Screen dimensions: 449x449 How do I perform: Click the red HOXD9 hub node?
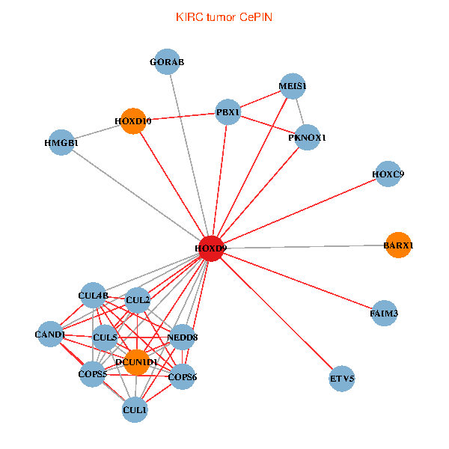pos(212,248)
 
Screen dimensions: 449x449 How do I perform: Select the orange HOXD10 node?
pos(133,121)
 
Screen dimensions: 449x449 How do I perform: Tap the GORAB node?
pos(167,62)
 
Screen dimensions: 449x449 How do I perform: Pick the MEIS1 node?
pos(292,86)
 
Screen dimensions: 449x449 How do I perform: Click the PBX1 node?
pos(227,112)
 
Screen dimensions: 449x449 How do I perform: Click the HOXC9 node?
pos(388,174)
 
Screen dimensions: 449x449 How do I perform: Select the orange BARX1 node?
pos(398,245)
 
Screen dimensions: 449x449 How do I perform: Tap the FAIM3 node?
pos(384,314)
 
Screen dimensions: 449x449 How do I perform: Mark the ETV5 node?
pos(342,379)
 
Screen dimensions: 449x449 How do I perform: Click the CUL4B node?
pos(93,296)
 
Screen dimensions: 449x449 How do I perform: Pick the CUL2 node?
pos(138,300)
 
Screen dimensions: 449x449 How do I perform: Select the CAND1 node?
pos(50,335)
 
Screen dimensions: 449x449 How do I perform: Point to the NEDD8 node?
pos(184,337)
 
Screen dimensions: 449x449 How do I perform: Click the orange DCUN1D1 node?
pos(136,362)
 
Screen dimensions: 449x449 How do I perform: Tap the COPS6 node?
pos(183,377)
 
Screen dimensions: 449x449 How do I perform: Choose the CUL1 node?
pos(135,409)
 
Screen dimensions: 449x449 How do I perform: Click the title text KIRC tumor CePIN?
pos(224,16)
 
